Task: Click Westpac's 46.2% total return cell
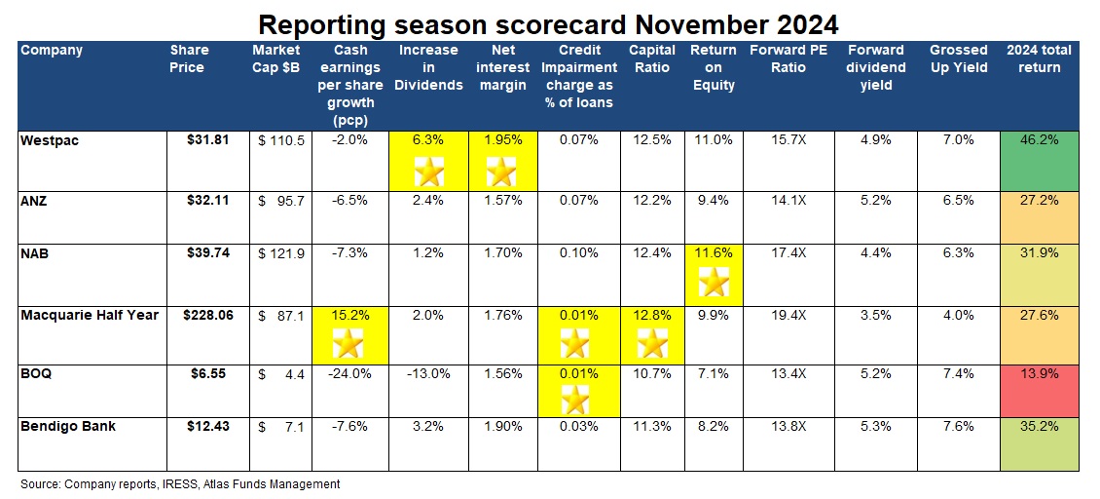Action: pyautogui.click(x=1040, y=140)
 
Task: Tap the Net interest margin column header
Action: pyautogui.click(x=503, y=67)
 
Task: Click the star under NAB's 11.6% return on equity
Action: pyautogui.click(x=715, y=283)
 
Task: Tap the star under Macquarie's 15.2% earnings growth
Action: pyautogui.click(x=348, y=342)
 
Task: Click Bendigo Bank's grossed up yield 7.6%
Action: pyautogui.click(x=958, y=426)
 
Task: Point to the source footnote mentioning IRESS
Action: pyautogui.click(x=180, y=483)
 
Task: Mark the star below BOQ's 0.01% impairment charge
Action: pyautogui.click(x=575, y=399)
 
